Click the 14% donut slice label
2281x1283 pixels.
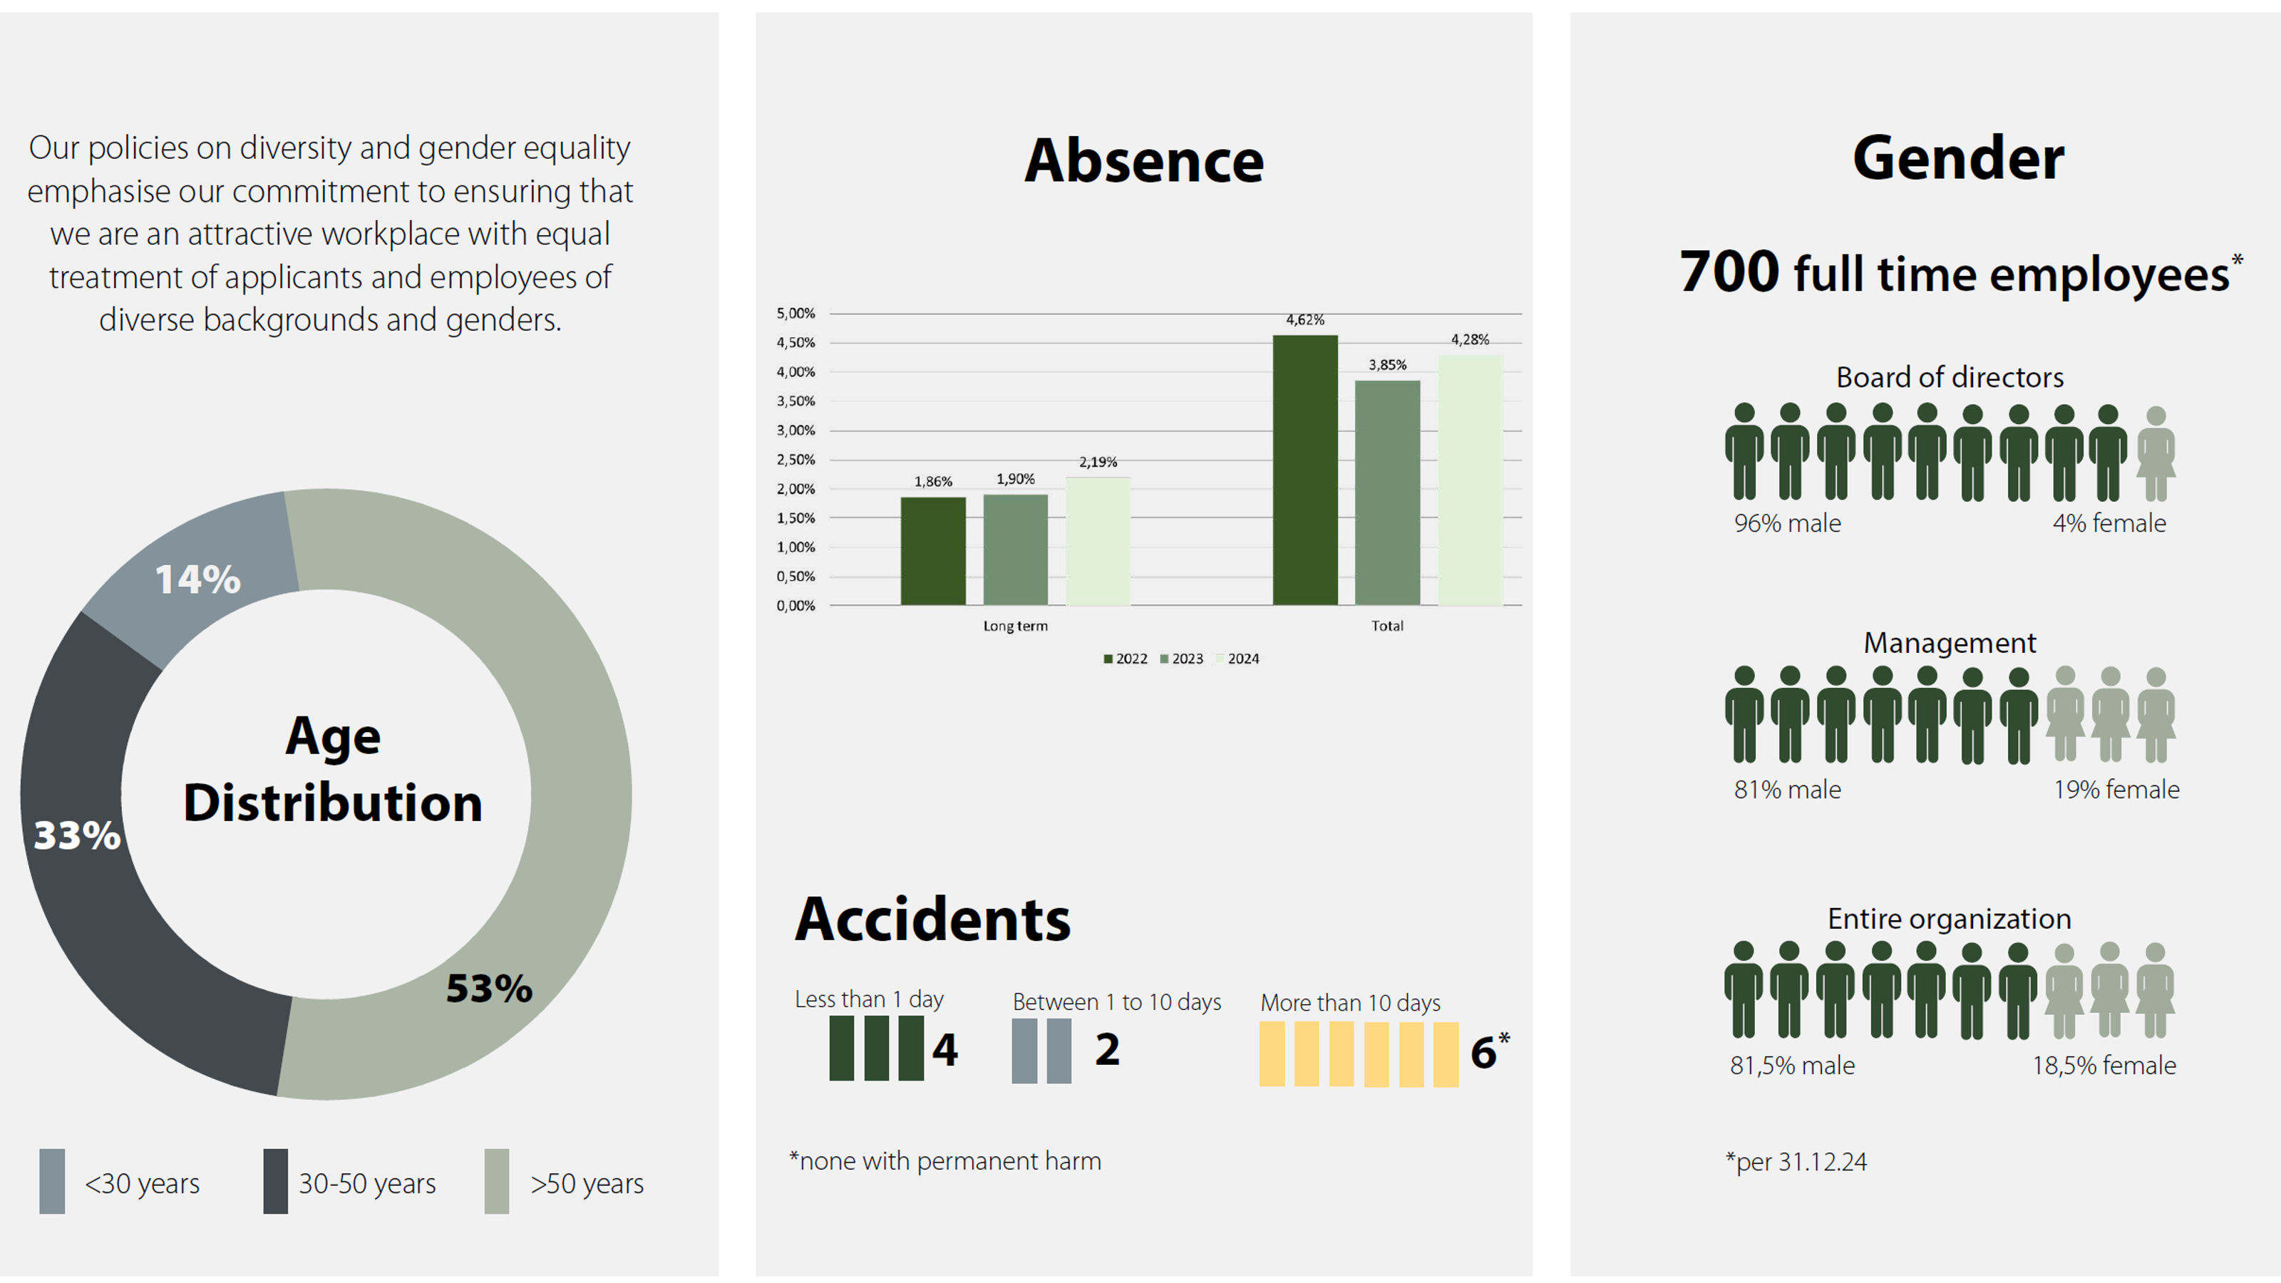(x=197, y=580)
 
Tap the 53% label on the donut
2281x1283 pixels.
(x=489, y=988)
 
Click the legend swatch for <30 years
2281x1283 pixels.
(x=52, y=1181)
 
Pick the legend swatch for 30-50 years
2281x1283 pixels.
(x=275, y=1181)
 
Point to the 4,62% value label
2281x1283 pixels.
(x=1304, y=319)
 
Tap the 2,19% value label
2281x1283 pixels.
(x=1097, y=462)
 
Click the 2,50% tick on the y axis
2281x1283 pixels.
(x=795, y=460)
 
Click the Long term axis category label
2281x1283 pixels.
(x=1015, y=626)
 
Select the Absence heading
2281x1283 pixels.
(x=1143, y=161)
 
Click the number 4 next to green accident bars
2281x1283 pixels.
(x=944, y=1049)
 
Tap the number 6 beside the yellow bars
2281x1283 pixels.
(x=1483, y=1053)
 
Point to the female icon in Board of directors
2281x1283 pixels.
(x=2156, y=453)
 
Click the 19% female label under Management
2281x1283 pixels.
(x=2116, y=789)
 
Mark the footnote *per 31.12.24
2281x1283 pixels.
(x=1796, y=1162)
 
